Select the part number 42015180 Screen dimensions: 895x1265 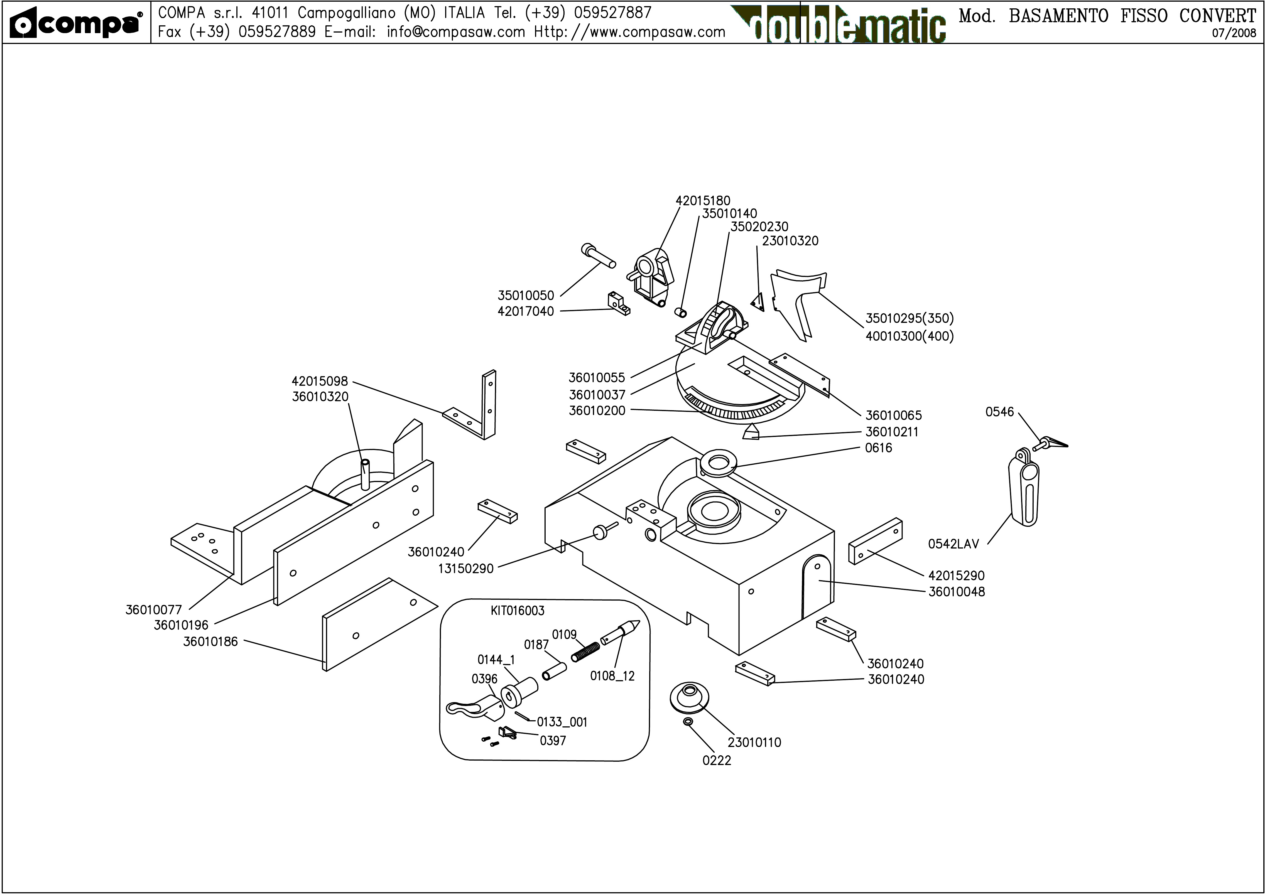703,201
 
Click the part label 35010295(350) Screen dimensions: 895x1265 909,319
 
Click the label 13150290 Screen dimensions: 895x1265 466,568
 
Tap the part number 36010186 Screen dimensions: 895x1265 210,641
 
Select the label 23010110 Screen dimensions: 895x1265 754,742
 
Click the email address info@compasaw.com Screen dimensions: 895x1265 456,32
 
